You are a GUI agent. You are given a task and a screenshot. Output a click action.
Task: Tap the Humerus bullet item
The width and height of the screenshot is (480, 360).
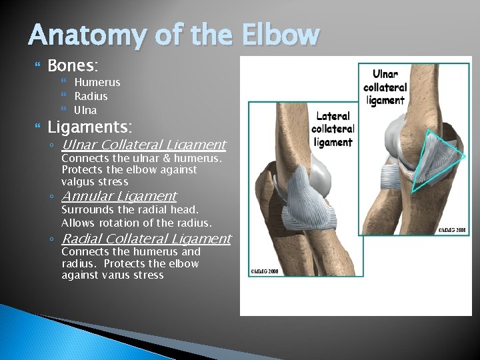tap(97, 82)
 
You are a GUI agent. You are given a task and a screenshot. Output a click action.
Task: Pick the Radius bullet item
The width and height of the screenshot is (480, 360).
tap(91, 96)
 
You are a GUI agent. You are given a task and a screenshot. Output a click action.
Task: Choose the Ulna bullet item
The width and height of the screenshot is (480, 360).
tap(85, 110)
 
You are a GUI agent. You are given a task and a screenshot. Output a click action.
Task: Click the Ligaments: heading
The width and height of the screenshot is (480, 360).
tap(90, 126)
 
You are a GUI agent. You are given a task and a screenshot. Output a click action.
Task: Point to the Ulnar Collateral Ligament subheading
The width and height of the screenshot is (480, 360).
tap(143, 145)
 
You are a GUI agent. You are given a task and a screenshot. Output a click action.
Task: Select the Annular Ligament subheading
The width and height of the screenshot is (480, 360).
tap(119, 196)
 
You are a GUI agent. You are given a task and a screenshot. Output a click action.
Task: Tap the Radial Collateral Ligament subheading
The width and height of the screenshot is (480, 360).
tap(146, 239)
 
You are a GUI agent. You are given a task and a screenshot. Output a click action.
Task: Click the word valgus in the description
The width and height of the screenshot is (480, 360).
tap(77, 181)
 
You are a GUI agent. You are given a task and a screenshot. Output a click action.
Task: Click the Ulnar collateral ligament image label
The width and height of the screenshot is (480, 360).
tap(385, 87)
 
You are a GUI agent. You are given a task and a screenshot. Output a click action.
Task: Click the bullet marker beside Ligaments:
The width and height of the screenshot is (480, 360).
tap(37, 127)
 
